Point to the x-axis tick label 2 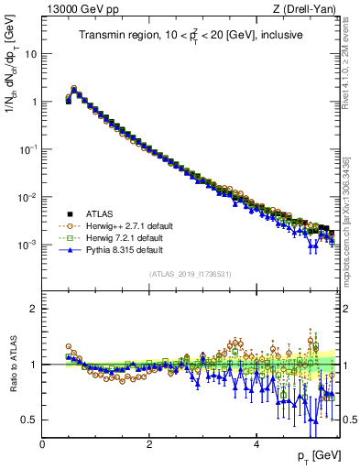tap(149, 444)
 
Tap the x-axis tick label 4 tap(256, 444)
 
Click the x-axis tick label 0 tap(43, 444)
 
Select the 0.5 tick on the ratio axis tap(30, 420)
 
